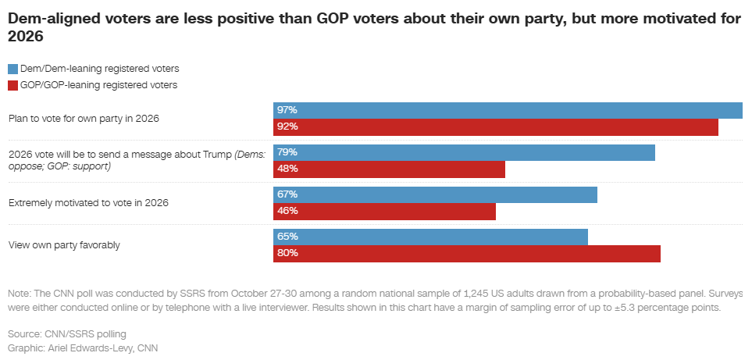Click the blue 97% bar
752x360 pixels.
click(x=508, y=110)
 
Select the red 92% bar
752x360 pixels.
click(x=495, y=127)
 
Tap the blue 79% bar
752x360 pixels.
click(x=464, y=152)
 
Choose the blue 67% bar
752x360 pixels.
click(x=435, y=194)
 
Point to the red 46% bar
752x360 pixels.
click(x=384, y=211)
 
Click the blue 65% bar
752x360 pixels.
click(x=430, y=237)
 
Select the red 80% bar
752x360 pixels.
click(x=466, y=253)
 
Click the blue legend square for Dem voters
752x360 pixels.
click(x=12, y=69)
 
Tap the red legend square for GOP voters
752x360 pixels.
click(x=12, y=85)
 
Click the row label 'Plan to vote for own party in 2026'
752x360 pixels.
click(x=84, y=119)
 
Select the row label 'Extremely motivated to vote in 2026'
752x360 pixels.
click(x=88, y=203)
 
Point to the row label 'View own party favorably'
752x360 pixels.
click(x=64, y=245)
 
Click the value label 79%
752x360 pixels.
click(x=287, y=152)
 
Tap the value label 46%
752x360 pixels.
click(x=287, y=211)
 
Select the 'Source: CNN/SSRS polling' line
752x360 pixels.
click(x=66, y=334)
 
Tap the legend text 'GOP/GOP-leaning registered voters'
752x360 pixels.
click(x=98, y=85)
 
